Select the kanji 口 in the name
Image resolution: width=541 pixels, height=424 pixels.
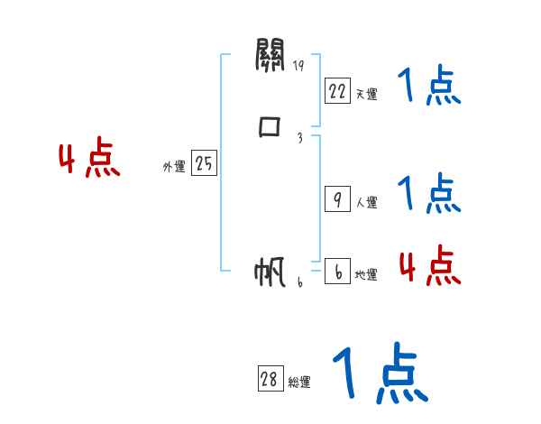point(270,127)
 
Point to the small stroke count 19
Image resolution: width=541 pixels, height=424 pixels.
point(298,66)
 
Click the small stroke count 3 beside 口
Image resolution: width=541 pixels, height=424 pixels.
point(298,138)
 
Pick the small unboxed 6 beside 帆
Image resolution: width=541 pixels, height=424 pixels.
point(300,282)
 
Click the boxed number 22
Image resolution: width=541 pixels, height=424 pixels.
point(337,91)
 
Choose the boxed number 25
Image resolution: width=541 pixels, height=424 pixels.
point(204,163)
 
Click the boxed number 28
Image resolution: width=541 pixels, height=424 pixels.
point(269,380)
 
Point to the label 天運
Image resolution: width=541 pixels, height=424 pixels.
point(366,94)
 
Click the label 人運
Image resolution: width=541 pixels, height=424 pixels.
point(366,203)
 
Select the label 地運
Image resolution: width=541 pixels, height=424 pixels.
point(366,275)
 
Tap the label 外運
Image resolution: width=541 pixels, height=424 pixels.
point(174,167)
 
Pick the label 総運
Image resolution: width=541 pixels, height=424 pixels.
point(299,383)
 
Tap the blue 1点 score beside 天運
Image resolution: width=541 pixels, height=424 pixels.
point(428,87)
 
